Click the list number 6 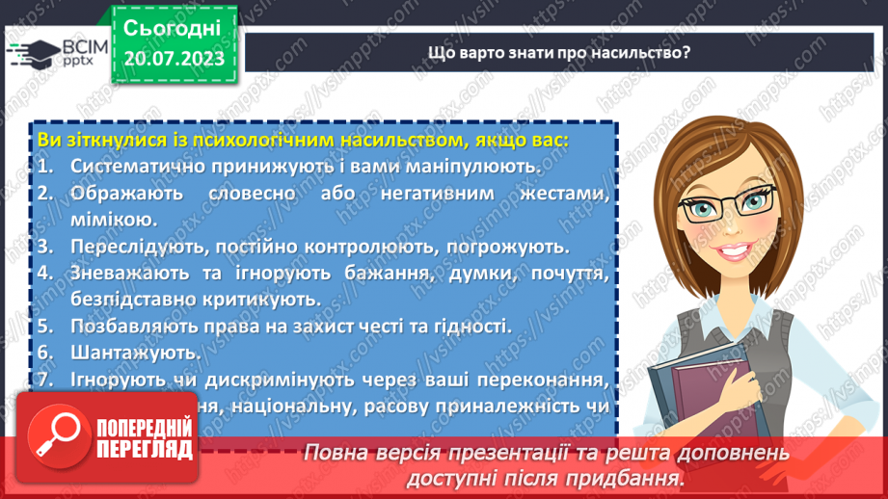coord(44,353)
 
